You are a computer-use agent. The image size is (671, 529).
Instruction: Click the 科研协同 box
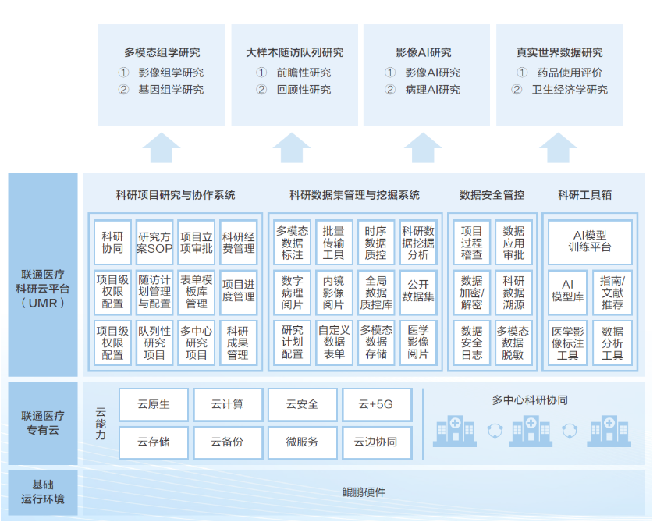[112, 243]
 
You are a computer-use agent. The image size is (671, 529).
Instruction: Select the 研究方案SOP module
[154, 243]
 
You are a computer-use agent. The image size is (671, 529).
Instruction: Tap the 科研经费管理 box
[238, 243]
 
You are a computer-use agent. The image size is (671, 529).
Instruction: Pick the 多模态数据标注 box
[292, 243]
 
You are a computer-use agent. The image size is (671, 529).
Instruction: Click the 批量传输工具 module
[333, 243]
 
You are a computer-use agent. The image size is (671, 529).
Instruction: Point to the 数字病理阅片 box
[292, 291]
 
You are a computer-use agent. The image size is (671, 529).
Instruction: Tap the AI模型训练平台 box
[590, 241]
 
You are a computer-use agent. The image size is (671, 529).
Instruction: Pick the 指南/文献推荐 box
[612, 291]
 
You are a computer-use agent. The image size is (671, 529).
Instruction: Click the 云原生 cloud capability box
[154, 404]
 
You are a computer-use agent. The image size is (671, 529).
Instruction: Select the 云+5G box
[376, 404]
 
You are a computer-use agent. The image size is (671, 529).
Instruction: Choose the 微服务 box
[302, 442]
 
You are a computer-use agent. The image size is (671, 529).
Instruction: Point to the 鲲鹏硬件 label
[364, 492]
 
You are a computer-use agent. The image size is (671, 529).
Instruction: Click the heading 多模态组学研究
[162, 53]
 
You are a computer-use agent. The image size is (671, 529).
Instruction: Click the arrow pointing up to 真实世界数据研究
[558, 147]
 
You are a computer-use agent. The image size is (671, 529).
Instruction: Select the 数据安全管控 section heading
[492, 195]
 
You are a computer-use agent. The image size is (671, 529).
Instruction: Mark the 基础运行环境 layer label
[43, 492]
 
